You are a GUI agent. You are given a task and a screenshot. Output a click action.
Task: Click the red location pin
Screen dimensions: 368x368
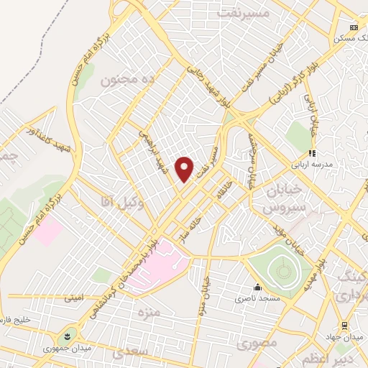click(x=185, y=168)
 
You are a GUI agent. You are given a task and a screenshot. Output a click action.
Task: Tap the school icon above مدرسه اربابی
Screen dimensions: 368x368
click(x=311, y=153)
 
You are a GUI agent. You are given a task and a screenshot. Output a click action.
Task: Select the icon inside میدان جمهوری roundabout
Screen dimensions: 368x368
click(x=68, y=336)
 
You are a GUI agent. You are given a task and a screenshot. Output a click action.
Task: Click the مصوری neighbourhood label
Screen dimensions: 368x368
click(x=257, y=344)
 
